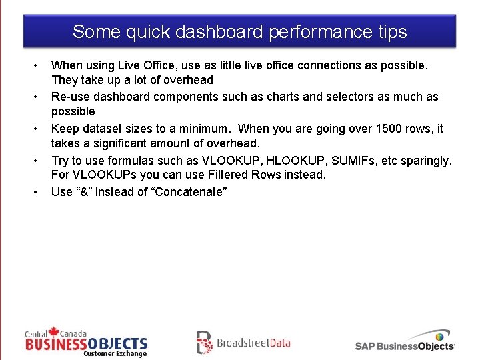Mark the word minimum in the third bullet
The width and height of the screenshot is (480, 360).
205,128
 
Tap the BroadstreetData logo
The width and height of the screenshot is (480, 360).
243,343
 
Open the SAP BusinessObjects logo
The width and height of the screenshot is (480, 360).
405,341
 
